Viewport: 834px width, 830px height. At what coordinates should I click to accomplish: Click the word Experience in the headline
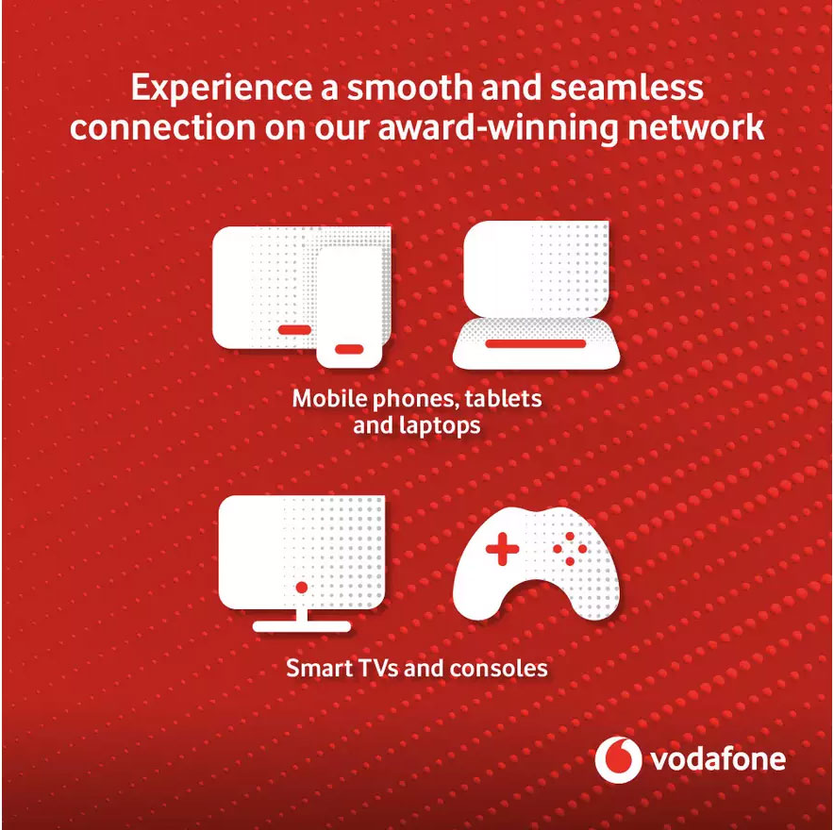point(221,89)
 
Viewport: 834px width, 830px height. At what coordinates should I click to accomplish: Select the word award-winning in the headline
point(498,128)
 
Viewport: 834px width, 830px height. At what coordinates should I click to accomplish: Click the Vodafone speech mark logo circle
point(618,759)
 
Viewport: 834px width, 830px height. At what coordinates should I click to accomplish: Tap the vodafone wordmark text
point(718,759)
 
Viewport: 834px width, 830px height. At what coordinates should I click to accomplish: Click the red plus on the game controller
point(502,549)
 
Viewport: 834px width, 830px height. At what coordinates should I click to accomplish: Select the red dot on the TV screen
point(302,588)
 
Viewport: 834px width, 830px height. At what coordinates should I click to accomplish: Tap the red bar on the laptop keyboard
point(536,344)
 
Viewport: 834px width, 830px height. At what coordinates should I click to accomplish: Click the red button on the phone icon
point(349,349)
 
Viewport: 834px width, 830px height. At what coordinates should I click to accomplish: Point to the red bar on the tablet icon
point(294,330)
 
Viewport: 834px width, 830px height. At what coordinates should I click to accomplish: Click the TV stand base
point(302,626)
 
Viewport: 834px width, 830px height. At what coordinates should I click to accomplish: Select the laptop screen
point(536,269)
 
